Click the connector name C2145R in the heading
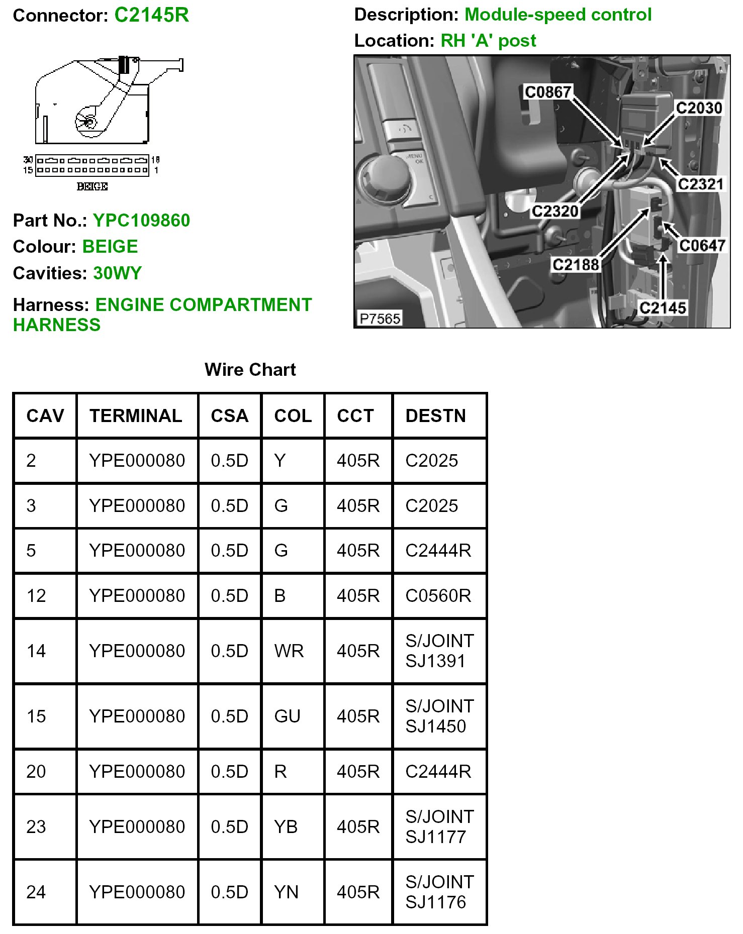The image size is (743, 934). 151,15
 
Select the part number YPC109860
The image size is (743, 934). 141,220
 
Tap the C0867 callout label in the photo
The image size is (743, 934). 547,92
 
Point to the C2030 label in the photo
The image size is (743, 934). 698,108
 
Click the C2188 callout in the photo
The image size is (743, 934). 576,264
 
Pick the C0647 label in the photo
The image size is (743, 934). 702,245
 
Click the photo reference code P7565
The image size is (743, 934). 380,318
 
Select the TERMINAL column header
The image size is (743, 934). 136,416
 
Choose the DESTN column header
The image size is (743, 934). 435,416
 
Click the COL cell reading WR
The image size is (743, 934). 289,651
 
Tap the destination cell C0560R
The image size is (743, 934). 438,595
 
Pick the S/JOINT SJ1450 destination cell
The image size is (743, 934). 439,716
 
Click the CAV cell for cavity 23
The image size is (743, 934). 36,826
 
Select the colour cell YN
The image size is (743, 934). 286,892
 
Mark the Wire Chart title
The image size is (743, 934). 250,369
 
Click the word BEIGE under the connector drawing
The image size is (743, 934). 92,186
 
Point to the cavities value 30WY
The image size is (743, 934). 117,273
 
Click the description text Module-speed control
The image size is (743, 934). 558,15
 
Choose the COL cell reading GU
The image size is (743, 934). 287,716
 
